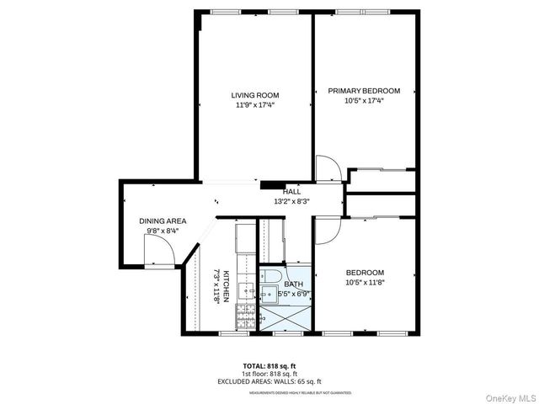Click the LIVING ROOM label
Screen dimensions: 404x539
(x=255, y=95)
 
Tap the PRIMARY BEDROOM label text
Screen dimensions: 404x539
(x=364, y=91)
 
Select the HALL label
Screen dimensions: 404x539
(x=291, y=192)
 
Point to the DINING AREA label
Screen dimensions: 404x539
(x=163, y=221)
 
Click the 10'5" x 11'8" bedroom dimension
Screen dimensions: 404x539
(x=365, y=282)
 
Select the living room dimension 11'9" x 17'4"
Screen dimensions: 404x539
(x=255, y=105)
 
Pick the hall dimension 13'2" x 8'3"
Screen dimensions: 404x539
(x=291, y=201)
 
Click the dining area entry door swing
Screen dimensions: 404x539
(x=160, y=248)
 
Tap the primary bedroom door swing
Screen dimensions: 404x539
(x=328, y=168)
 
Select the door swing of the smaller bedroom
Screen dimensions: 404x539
(x=327, y=231)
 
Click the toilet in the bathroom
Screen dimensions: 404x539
(x=271, y=276)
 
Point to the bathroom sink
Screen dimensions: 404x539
(x=270, y=295)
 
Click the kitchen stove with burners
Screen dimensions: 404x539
(x=245, y=318)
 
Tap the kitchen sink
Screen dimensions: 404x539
(x=246, y=291)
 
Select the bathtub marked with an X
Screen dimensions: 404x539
(x=286, y=318)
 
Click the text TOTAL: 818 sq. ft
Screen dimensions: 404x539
(x=269, y=366)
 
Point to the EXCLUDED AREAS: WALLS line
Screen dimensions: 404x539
(x=269, y=381)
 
